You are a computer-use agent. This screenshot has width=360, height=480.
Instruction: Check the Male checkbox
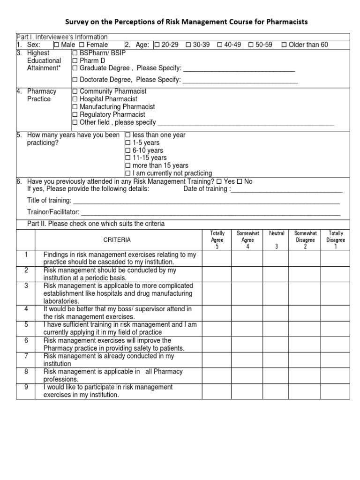pyautogui.click(x=56, y=45)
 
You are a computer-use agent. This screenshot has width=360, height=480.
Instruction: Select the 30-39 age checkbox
pyautogui.click(x=188, y=45)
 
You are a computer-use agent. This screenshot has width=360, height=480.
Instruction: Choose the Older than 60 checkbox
pyautogui.click(x=284, y=45)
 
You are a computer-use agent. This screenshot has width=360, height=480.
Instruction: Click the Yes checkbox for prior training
pyautogui.click(x=219, y=181)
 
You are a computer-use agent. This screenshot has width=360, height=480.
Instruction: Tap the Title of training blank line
pyautogui.click(x=206, y=201)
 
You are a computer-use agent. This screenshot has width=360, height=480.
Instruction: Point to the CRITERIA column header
pyautogui.click(x=117, y=240)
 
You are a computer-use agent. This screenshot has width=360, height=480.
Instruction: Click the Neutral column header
pyautogui.click(x=276, y=233)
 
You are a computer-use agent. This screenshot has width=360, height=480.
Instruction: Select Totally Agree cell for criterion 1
pyautogui.click(x=217, y=259)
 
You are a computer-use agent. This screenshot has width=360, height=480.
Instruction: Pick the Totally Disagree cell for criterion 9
pyautogui.click(x=336, y=391)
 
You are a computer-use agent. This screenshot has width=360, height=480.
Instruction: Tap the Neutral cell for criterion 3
pyautogui.click(x=276, y=293)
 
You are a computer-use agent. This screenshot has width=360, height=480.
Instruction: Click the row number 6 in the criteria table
pyautogui.click(x=26, y=340)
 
